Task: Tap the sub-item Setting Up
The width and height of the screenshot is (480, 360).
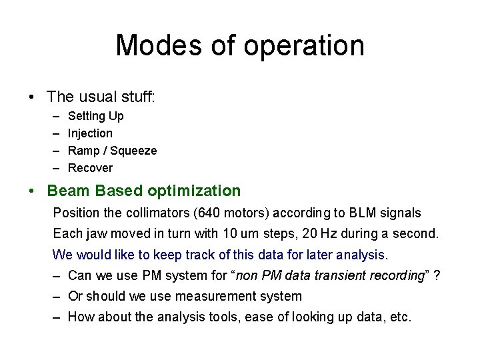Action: point(96,116)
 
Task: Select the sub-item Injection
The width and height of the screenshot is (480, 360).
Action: point(91,133)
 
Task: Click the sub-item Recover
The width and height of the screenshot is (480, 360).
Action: point(91,168)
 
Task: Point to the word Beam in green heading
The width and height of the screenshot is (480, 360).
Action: point(69,191)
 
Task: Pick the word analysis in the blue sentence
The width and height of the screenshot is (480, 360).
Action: point(361,255)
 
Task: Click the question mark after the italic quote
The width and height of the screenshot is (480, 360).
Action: point(436,275)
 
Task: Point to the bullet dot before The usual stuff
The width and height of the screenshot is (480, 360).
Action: point(33,98)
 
